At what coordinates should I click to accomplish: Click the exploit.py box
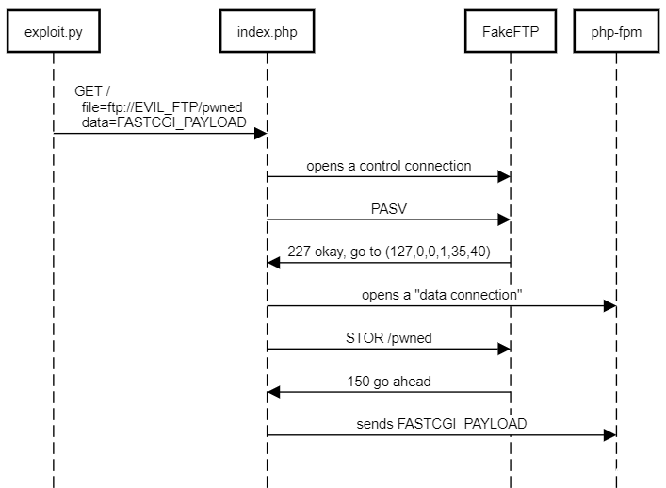tap(53, 33)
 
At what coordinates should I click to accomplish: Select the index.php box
tap(268, 33)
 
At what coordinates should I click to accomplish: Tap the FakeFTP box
tap(510, 33)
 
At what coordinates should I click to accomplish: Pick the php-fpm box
tap(616, 33)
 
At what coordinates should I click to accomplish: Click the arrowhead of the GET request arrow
tap(261, 134)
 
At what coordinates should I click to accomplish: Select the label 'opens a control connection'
tap(388, 166)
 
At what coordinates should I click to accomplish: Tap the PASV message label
tap(388, 208)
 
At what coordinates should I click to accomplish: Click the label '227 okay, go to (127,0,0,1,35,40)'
tap(388, 252)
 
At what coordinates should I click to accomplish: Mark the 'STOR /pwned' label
tap(388, 337)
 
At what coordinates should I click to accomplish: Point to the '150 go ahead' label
tap(388, 381)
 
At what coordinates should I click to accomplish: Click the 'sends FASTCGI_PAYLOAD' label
tap(441, 424)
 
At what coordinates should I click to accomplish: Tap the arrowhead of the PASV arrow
tap(504, 220)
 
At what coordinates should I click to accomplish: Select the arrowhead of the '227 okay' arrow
tap(274, 263)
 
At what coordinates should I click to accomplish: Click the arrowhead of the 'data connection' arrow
tap(610, 306)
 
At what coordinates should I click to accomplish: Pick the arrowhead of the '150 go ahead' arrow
tap(274, 392)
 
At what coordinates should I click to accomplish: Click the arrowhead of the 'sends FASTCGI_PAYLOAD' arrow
tap(610, 435)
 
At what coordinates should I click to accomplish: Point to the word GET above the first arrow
tap(89, 91)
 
